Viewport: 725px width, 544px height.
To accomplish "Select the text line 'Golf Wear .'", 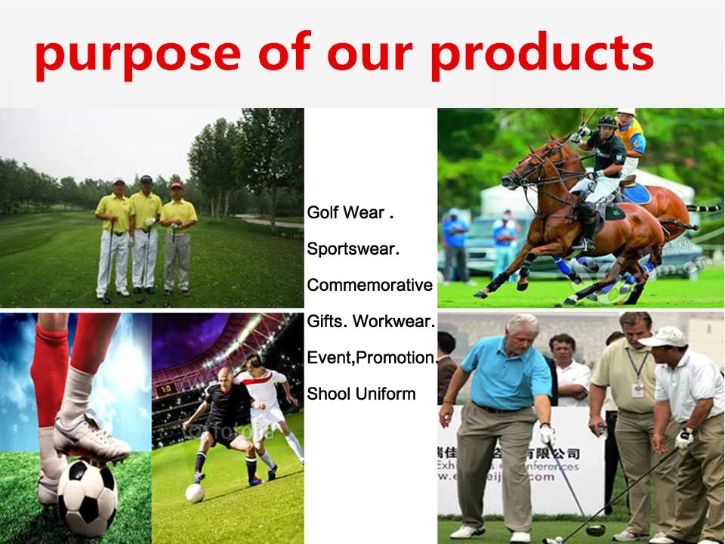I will coord(350,213).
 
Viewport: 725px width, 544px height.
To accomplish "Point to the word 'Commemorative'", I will coord(370,286).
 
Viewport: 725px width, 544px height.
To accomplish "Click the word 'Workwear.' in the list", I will coord(394,322).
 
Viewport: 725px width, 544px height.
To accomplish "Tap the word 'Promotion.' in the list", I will coord(397,358).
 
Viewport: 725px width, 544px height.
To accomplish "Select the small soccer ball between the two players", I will coord(195,493).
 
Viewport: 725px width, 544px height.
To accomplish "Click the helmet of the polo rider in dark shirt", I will coord(607,122).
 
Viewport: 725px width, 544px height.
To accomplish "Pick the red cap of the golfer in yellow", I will coord(177,185).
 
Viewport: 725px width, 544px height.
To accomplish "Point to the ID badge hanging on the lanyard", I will coord(637,389).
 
